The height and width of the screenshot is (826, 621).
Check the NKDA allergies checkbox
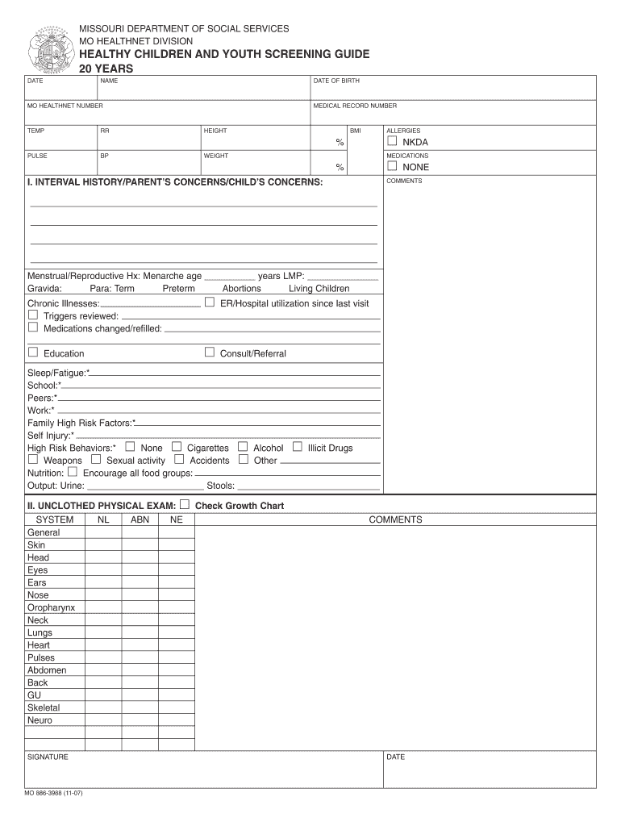pyautogui.click(x=392, y=141)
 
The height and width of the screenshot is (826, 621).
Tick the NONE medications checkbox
pyautogui.click(x=392, y=166)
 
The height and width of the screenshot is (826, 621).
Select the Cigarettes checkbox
pyautogui.click(x=177, y=447)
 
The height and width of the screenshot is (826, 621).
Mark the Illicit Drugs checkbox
pyautogui.click(x=298, y=447)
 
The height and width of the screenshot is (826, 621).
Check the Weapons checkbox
pyautogui.click(x=33, y=460)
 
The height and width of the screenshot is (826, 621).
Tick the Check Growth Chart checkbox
pyautogui.click(x=185, y=505)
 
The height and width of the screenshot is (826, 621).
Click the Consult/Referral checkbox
pyautogui.click(x=210, y=353)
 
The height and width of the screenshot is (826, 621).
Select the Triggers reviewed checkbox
pyautogui.click(x=33, y=315)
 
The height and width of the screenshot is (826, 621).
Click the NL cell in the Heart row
pyautogui.click(x=103, y=645)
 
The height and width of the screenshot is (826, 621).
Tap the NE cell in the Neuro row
pyautogui.click(x=176, y=720)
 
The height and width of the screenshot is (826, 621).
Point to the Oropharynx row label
pyautogui.click(x=51, y=607)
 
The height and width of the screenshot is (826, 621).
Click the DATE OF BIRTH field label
pyautogui.click(x=336, y=81)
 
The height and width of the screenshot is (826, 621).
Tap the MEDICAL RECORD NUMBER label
pyautogui.click(x=355, y=106)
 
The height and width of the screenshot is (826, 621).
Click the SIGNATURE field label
pyautogui.click(x=48, y=757)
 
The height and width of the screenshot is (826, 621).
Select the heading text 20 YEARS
pyautogui.click(x=106, y=69)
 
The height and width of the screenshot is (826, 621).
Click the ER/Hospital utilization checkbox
pyautogui.click(x=210, y=302)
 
